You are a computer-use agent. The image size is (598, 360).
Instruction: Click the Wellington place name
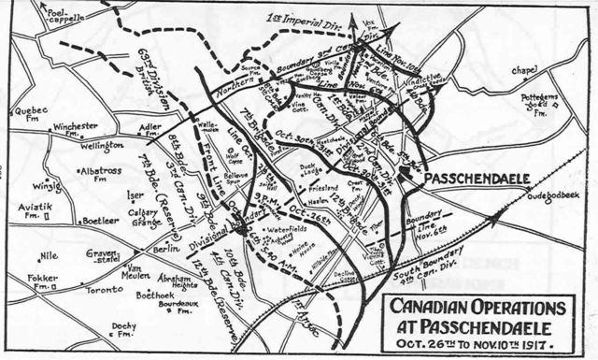102,147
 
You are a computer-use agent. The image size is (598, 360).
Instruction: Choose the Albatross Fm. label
97,176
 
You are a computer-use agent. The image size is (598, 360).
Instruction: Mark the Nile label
49,254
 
